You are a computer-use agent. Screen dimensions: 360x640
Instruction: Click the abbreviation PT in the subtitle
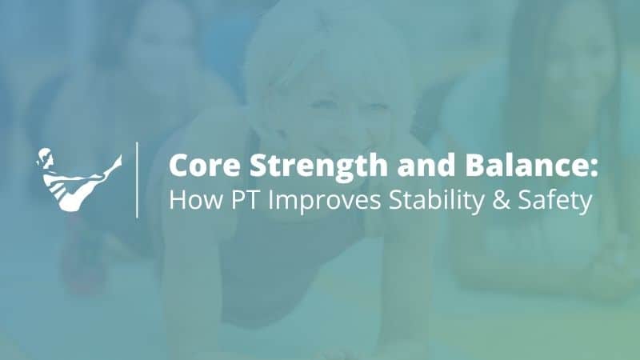tap(239, 200)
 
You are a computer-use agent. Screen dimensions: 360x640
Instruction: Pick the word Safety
tap(553, 200)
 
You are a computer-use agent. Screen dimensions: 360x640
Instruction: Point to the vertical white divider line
tap(138, 179)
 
